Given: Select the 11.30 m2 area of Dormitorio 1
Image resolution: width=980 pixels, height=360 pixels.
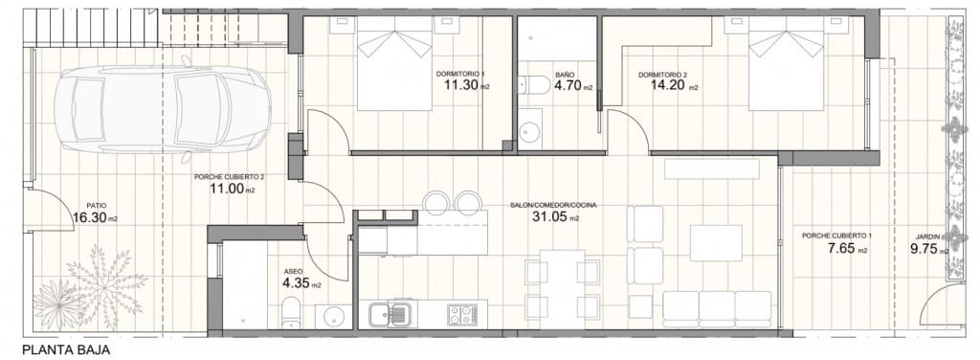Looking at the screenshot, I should (x=463, y=86).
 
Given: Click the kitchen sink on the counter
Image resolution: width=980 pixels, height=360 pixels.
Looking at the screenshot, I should (x=390, y=312).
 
